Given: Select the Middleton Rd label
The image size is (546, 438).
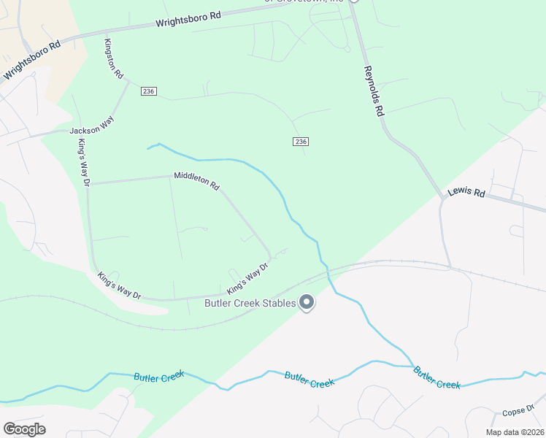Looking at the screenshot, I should coord(196,180).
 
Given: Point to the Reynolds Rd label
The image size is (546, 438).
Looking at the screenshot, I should coord(374,91).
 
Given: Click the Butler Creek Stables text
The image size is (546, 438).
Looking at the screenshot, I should coord(250,303).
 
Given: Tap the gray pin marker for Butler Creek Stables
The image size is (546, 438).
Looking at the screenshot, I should coord(307,302).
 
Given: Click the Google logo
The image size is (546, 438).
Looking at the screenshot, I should coord(24,429).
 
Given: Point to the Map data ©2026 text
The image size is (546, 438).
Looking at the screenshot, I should coord(514,431).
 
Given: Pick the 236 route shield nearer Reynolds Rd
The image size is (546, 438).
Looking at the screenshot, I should coord(300,141).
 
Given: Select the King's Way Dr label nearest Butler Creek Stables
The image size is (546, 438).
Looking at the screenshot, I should coord(247,279).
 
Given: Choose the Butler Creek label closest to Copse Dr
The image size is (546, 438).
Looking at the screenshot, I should coord(437,377).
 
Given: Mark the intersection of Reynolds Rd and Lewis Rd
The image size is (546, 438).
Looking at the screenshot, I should coord(442,196).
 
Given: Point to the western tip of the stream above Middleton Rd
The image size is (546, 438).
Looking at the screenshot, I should coord(147,148).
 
